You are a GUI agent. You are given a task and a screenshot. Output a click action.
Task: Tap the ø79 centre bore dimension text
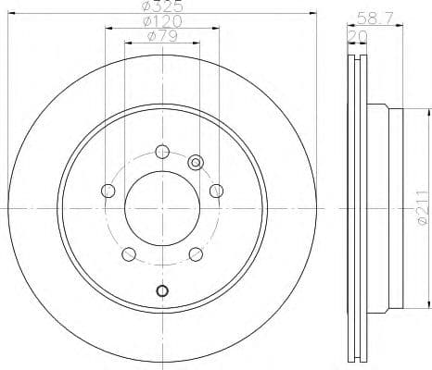162,36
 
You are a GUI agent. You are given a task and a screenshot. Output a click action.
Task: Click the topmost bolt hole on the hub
162,152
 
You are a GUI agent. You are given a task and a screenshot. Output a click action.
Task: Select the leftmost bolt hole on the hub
108,191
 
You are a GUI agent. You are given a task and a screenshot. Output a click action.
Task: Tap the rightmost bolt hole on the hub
216,191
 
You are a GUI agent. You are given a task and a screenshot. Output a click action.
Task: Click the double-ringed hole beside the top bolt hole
196,162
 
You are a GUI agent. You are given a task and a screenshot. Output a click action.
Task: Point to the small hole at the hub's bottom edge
162,291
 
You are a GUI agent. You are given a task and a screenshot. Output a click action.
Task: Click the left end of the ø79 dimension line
125,43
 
